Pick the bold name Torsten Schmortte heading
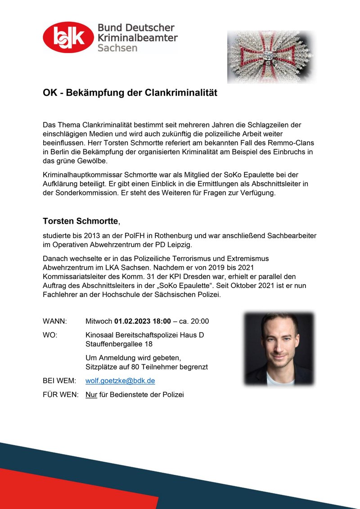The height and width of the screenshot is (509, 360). coord(80,221)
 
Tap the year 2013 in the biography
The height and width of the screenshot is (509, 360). coord(93,236)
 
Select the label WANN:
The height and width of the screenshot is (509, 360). coord(55,321)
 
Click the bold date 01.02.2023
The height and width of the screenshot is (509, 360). coord(133,321)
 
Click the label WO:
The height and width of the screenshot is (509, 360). coord(50,335)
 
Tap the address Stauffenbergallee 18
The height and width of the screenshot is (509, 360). coord(119,344)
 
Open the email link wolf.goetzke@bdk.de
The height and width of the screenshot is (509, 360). coord(120,381)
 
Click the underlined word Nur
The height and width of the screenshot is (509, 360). coord(91,395)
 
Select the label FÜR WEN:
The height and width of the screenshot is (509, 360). coord(61,395)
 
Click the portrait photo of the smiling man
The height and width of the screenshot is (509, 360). coord(279,349)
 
